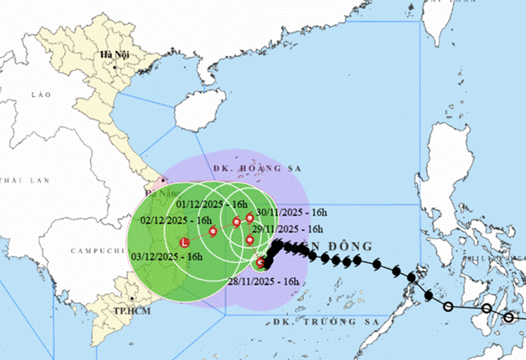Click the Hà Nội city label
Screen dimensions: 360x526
pyautogui.click(x=114, y=55)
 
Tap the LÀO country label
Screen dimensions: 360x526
pyautogui.click(x=42, y=94)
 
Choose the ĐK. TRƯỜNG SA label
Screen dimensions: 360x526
pyautogui.click(x=333, y=321)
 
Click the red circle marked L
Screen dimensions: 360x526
pyautogui.click(x=185, y=242)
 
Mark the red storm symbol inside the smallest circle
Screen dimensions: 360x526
pyautogui.click(x=260, y=263)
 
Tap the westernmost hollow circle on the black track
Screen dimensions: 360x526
pyautogui.click(x=448, y=306)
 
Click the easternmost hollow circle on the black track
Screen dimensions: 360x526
pyautogui.click(x=509, y=317)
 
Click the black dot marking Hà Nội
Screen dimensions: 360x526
pyautogui.click(x=115, y=67)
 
